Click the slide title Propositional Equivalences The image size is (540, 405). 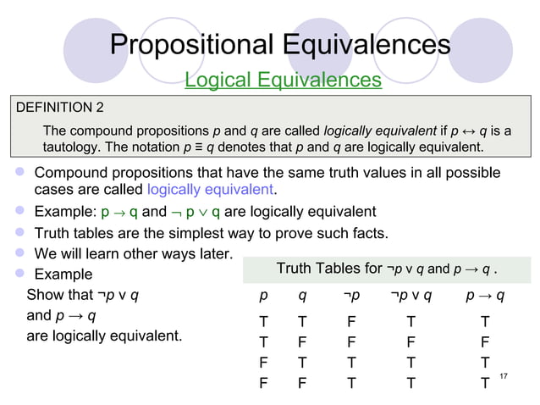(279, 44)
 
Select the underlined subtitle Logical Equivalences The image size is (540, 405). (283, 80)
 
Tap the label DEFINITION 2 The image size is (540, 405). (60, 108)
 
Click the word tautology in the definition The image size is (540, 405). (76, 148)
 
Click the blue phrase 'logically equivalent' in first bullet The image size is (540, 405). (212, 188)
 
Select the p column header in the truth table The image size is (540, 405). (264, 296)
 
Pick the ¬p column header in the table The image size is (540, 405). (351, 296)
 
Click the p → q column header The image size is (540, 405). (485, 296)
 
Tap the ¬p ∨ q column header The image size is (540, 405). (411, 296)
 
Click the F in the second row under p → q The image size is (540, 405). (484, 342)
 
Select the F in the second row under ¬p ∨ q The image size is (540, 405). (411, 342)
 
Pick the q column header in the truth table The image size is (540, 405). (302, 296)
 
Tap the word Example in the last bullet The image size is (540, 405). (63, 275)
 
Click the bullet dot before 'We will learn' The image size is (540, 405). (17, 253)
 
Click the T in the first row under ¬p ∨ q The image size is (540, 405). (411, 322)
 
